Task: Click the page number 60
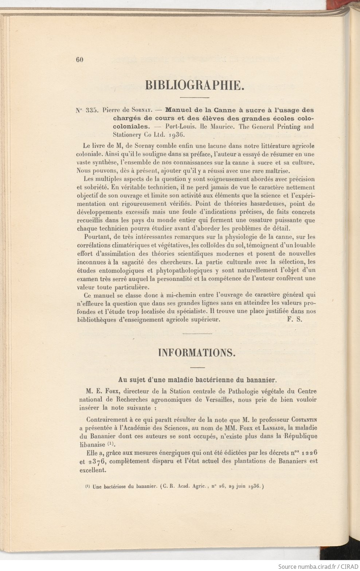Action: point(80,60)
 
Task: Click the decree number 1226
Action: point(309,452)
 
